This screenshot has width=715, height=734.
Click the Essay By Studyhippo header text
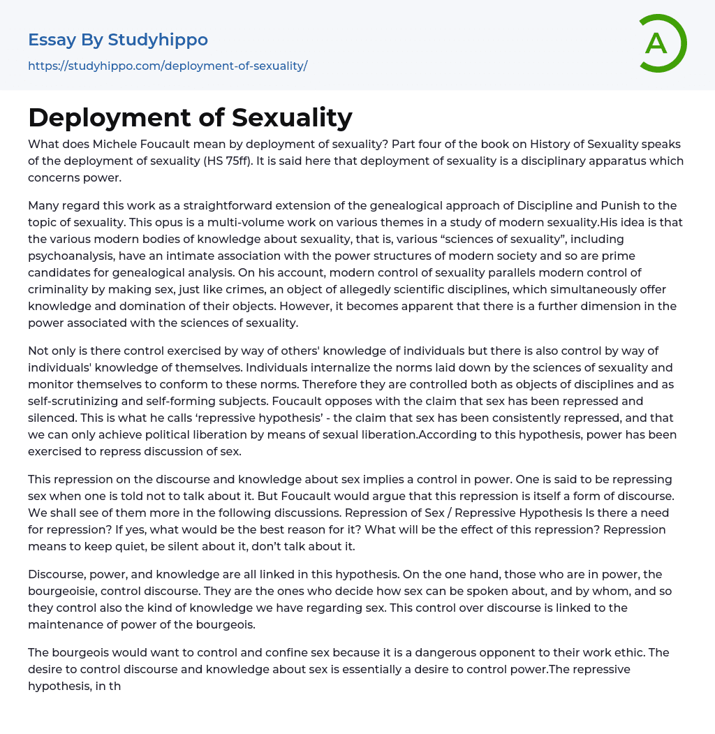118,40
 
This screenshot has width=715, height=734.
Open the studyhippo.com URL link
168,66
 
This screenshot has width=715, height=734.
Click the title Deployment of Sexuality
190,118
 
